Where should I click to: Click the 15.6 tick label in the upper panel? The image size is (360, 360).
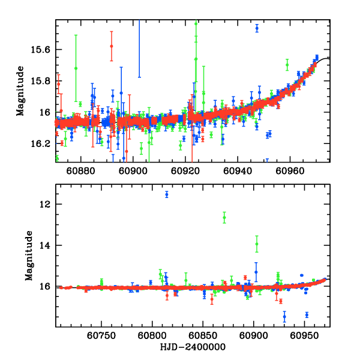click(x=44, y=49)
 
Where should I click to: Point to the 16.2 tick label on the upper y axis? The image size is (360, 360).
click(x=44, y=144)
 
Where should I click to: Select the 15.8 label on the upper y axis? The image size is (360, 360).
click(x=44, y=81)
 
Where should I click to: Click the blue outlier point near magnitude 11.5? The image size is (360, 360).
click(x=167, y=194)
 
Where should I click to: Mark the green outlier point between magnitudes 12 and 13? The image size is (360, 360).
click(x=224, y=217)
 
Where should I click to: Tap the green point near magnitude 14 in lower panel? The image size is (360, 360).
click(x=257, y=244)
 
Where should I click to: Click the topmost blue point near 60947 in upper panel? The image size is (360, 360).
click(x=257, y=28)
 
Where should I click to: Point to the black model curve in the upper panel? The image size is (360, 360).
click(x=324, y=59)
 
